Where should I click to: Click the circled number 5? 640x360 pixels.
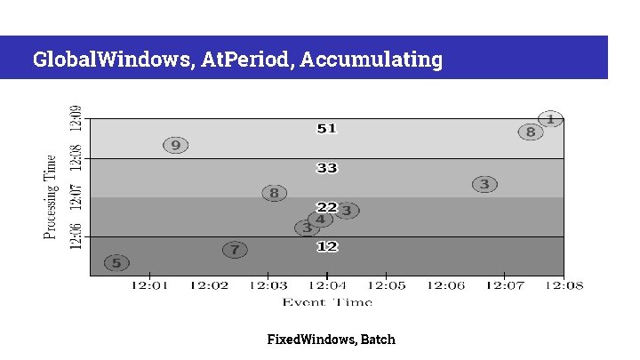point(116,262)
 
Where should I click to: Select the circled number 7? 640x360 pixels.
point(235,250)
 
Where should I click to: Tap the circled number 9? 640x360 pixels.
point(176,145)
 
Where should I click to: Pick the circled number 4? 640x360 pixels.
point(320,220)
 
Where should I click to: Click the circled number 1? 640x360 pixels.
point(550,118)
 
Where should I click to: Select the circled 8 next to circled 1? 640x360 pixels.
point(531,132)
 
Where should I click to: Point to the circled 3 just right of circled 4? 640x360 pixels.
point(347,211)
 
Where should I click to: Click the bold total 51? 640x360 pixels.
point(327,129)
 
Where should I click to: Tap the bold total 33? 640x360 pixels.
point(327,167)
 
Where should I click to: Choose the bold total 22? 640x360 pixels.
point(327,207)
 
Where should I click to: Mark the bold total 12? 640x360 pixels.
point(327,246)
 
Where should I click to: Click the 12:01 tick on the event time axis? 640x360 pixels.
point(149,285)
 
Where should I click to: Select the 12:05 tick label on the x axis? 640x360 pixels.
point(386,285)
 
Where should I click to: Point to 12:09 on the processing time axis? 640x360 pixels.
point(76,118)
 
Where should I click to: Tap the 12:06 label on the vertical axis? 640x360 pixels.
point(76,236)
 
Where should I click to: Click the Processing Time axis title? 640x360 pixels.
point(52,196)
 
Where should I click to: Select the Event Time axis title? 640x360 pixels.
point(327,302)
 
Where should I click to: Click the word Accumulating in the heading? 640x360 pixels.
point(372,60)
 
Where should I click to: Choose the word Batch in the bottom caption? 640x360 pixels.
point(378,340)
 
